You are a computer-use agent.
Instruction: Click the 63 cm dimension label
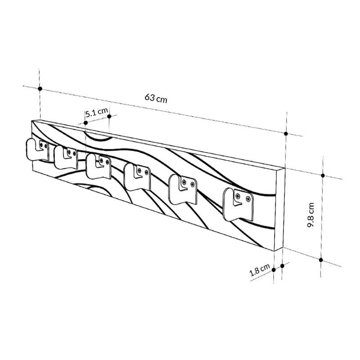[156, 98]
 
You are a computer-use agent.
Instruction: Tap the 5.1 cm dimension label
[97, 112]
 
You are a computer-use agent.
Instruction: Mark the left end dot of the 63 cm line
[40, 89]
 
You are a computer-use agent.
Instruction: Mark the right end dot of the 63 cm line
[286, 134]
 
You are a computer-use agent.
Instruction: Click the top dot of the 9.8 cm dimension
[323, 175]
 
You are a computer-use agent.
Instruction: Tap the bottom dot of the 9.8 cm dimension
[321, 260]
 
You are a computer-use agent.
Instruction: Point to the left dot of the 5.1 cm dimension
[85, 122]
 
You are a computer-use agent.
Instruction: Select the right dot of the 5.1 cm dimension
[109, 117]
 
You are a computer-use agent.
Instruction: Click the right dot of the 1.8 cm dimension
[282, 266]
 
